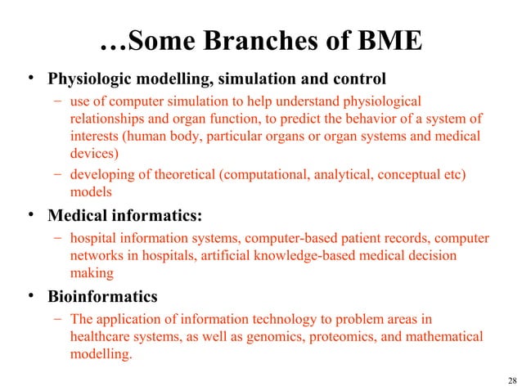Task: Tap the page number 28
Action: [x=512, y=380]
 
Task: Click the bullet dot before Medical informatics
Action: [x=30, y=217]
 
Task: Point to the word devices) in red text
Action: [x=94, y=153]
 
